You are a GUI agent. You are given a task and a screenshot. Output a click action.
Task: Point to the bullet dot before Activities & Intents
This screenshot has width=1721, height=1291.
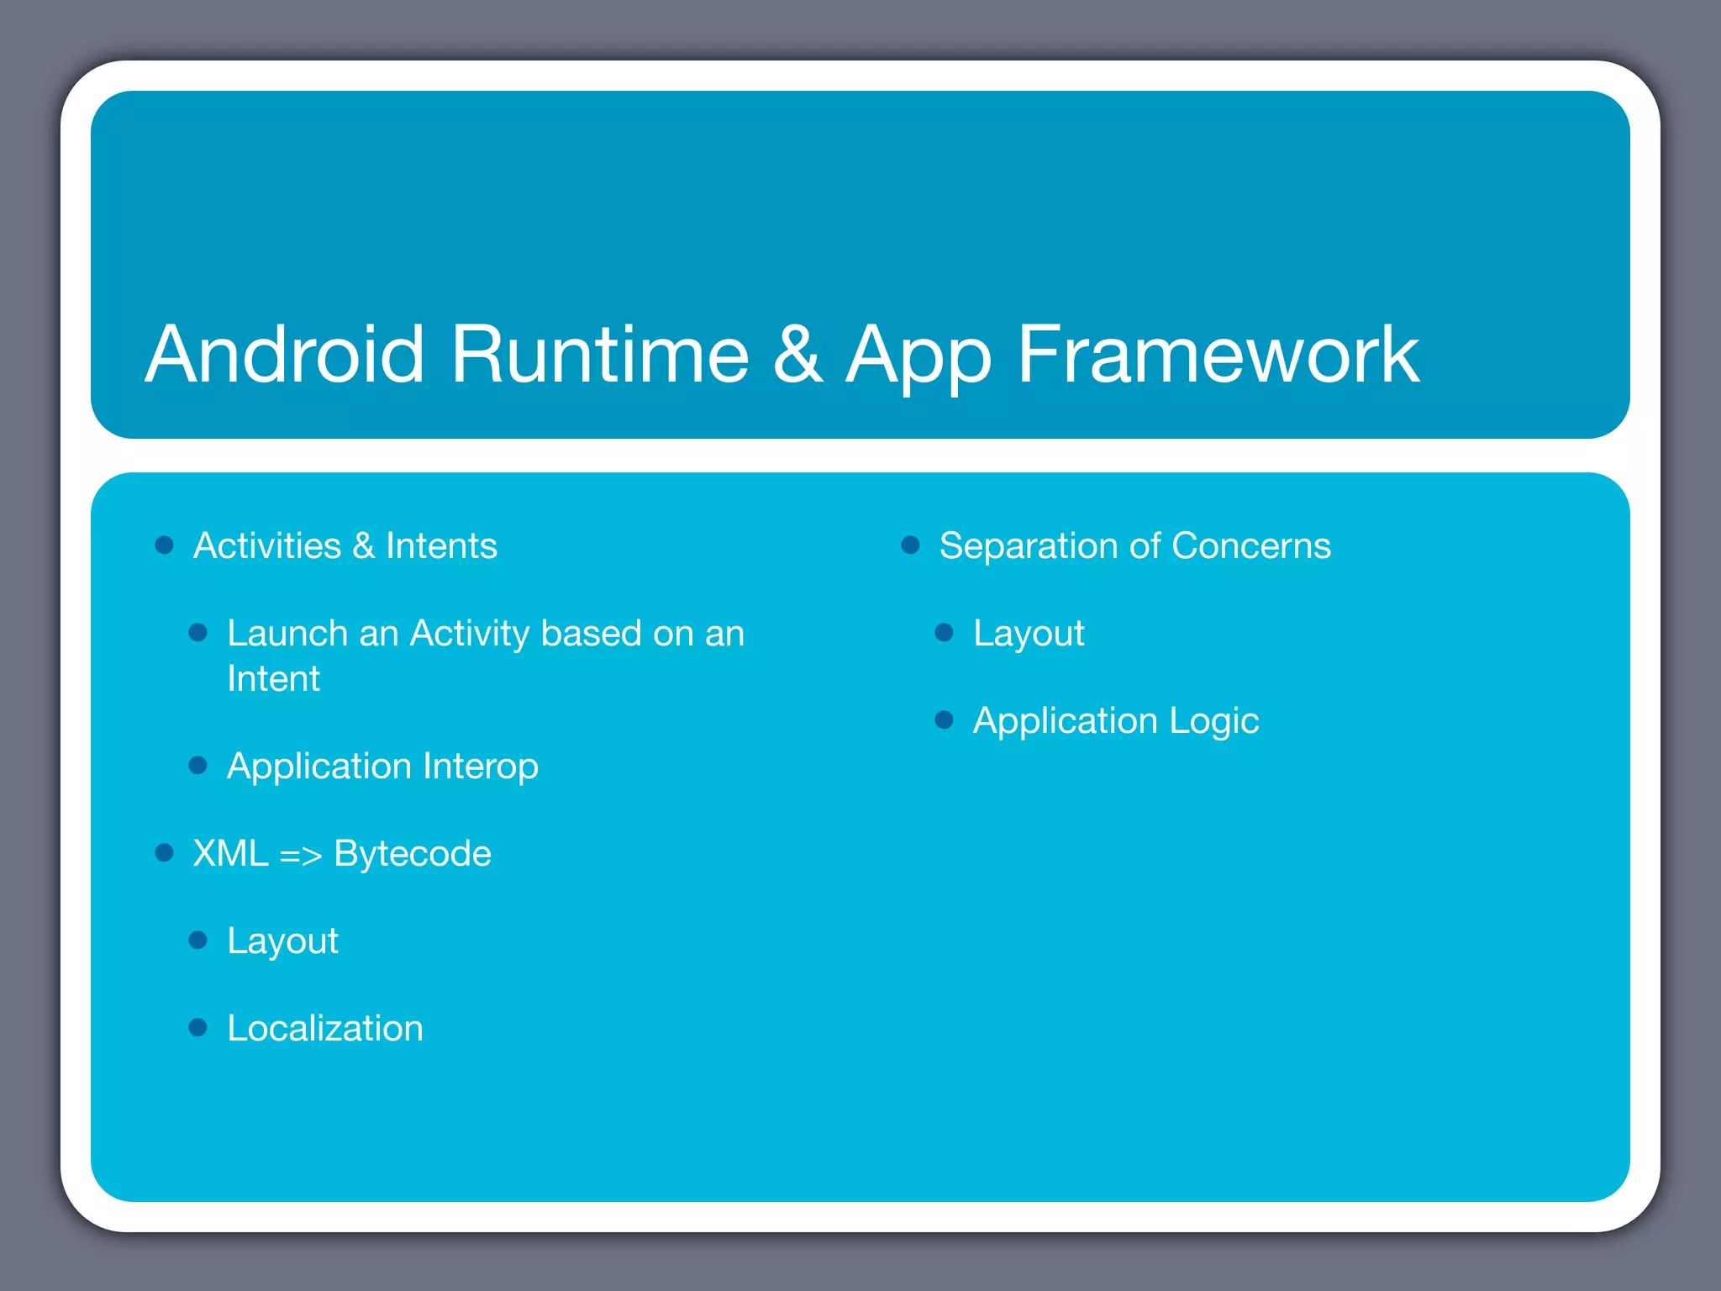point(165,545)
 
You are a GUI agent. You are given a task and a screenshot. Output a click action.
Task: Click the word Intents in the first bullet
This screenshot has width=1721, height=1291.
point(441,546)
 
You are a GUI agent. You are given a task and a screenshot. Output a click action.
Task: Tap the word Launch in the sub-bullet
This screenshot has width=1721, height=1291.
point(287,634)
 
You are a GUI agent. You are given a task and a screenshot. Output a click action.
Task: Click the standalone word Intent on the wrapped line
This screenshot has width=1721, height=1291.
point(273,679)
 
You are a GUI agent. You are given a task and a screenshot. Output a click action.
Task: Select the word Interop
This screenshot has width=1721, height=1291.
point(481,767)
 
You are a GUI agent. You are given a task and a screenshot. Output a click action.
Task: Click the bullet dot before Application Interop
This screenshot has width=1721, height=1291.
point(198,765)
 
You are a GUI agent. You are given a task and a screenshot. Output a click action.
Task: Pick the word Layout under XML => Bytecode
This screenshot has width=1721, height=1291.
point(282,941)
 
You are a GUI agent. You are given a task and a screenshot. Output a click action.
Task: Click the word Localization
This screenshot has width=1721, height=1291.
point(325,1029)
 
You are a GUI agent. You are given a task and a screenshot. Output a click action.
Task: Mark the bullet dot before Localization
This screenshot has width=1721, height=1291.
point(198,1027)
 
